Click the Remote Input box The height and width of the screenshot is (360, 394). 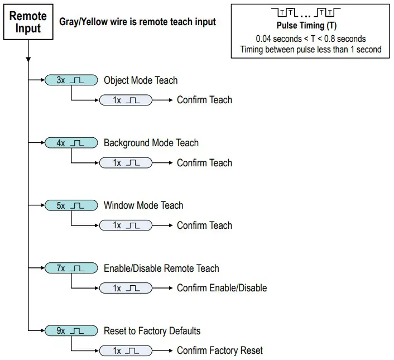(27, 22)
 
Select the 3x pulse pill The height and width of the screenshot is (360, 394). (70, 80)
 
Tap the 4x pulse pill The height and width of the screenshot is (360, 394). (70, 143)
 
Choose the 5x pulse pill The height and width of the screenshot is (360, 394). (70, 205)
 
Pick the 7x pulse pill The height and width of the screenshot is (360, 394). (70, 268)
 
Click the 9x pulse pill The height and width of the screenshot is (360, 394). (70, 331)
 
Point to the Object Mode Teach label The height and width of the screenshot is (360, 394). (141, 80)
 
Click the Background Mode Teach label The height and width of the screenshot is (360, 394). (151, 143)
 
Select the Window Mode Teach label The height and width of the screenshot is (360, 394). (143, 205)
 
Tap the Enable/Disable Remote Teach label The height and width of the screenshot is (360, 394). (161, 268)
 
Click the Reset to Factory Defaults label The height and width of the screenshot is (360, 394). (152, 331)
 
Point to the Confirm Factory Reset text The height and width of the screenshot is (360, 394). (220, 351)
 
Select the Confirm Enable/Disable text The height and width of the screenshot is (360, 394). (222, 288)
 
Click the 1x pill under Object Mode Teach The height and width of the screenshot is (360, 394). (126, 100)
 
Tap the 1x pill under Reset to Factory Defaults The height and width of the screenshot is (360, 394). (126, 351)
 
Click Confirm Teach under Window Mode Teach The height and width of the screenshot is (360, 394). (204, 225)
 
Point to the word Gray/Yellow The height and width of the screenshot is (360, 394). (83, 22)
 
